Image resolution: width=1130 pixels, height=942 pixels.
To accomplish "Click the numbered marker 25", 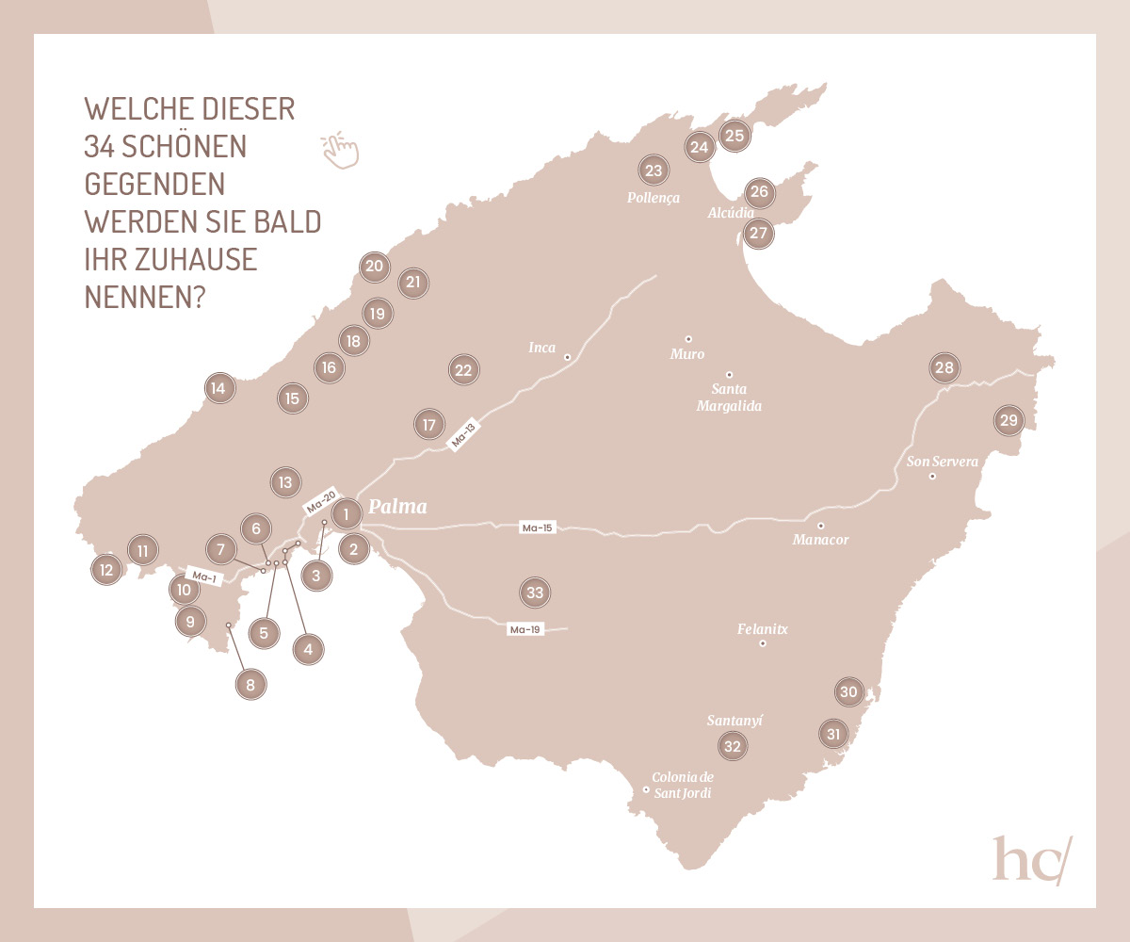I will coord(734,136).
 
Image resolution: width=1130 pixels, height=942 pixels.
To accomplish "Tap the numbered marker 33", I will coord(535,593).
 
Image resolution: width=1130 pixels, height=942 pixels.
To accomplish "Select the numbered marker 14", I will coord(218,387).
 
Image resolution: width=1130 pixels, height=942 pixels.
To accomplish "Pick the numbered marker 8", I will coord(250,685).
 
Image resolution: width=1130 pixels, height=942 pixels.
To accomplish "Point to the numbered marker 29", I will coord(1009,420).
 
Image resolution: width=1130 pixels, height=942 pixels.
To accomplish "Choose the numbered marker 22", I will coord(462,370).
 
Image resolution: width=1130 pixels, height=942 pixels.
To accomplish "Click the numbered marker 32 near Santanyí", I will coord(732,746).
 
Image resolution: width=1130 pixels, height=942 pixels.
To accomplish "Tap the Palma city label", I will coord(396,507).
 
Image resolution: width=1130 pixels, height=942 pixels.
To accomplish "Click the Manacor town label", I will coord(821,540).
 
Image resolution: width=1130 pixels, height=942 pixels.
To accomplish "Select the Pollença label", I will coord(653,198).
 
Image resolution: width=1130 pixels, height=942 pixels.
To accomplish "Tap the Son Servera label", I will coord(942,462).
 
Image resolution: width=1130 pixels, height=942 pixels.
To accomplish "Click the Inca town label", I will coord(542,348).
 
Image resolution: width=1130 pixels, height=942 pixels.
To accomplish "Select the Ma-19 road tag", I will coord(525,629).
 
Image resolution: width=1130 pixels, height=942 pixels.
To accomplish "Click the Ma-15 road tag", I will coord(536,528).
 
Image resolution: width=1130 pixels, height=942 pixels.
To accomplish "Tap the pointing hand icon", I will coord(340,150).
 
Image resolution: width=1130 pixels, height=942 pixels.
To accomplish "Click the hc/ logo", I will coord(1031,859).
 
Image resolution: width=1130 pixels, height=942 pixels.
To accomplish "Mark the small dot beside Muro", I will coord(688,338).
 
